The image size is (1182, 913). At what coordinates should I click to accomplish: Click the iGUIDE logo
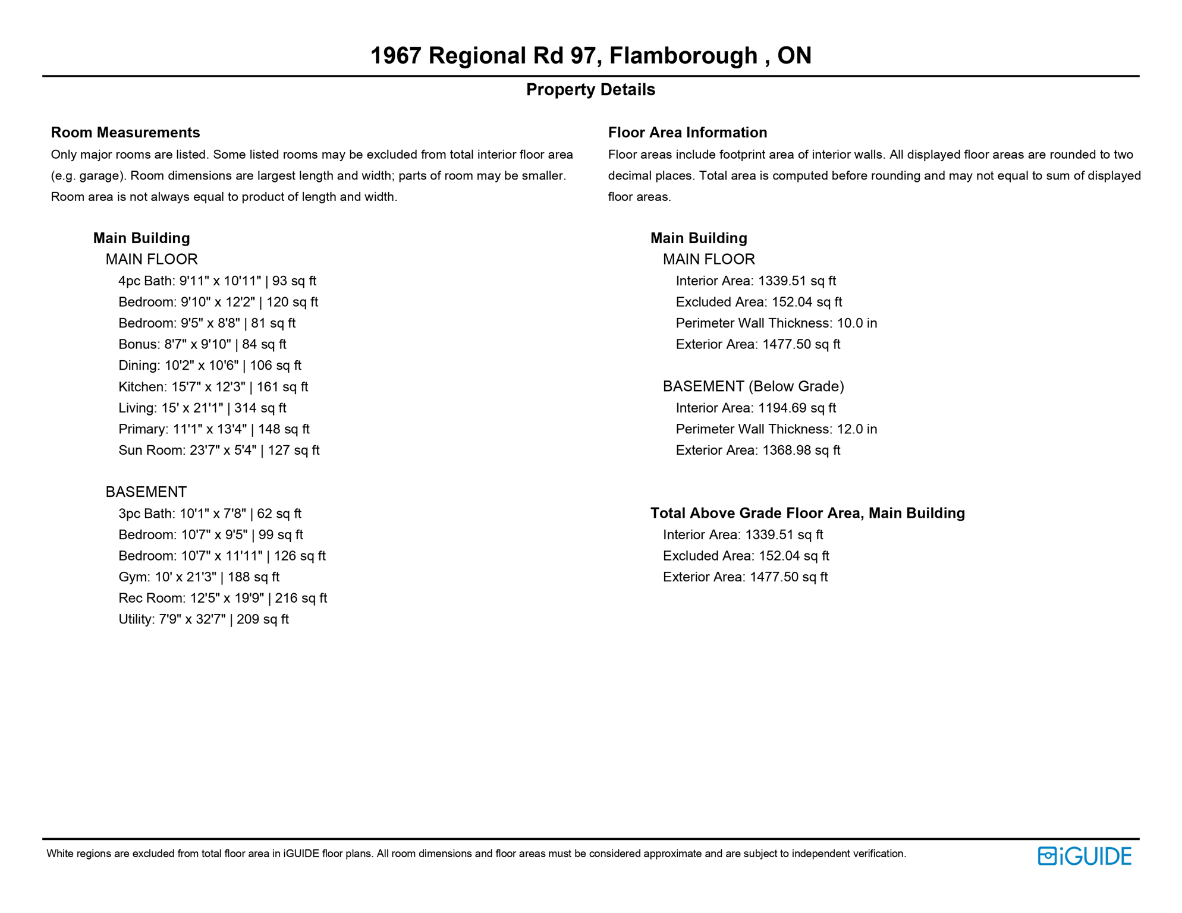[1084, 856]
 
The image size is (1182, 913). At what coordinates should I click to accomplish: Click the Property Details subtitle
[590, 90]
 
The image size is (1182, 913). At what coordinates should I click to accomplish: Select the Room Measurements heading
[125, 133]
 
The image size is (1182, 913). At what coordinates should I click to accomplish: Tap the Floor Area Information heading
[687, 133]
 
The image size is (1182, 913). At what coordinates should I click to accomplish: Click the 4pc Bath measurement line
[217, 281]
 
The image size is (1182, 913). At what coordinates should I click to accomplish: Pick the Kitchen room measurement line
[213, 387]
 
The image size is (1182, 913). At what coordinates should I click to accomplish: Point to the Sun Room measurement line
[219, 451]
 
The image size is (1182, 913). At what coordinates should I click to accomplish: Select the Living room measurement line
[202, 408]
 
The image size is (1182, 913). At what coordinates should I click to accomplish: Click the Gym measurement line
[199, 577]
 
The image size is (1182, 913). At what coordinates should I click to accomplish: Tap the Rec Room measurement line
[222, 599]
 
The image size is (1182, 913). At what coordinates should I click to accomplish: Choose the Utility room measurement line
[203, 619]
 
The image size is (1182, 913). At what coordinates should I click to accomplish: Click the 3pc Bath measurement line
[209, 514]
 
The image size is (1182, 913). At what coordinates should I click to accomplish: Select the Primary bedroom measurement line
[213, 429]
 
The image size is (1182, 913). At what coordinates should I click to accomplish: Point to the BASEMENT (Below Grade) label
[753, 387]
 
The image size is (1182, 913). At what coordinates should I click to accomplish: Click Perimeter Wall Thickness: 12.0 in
[776, 429]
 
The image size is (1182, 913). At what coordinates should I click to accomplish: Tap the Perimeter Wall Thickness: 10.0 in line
[776, 323]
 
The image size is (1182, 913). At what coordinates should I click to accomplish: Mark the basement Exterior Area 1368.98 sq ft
[757, 451]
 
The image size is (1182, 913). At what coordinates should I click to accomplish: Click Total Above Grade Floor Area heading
[807, 514]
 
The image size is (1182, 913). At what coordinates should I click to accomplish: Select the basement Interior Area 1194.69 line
[755, 408]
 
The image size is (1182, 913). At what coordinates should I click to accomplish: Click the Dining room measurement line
[209, 366]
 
